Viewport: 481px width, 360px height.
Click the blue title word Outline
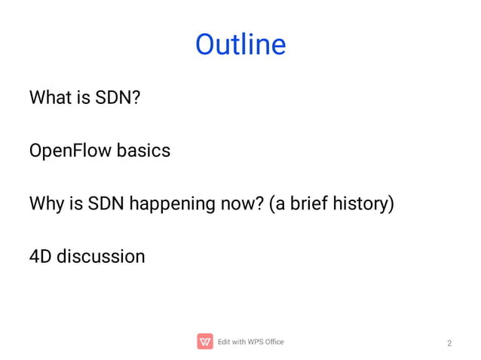pyautogui.click(x=240, y=44)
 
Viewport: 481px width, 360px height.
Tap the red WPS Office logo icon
pyautogui.click(x=204, y=342)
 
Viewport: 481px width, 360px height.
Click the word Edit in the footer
pyautogui.click(x=224, y=342)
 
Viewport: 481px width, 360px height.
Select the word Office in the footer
pyautogui.click(x=273, y=342)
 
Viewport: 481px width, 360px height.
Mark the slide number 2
pyautogui.click(x=449, y=343)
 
